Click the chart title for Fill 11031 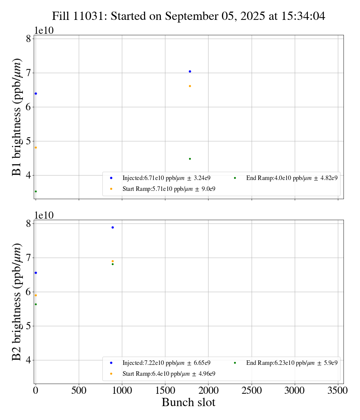tap(188, 16)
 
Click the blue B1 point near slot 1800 tap(190, 71)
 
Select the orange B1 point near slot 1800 tap(190, 86)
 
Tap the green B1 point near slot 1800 tap(190, 159)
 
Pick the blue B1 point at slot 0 tap(36, 93)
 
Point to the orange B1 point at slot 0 tap(36, 147)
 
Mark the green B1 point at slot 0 tap(36, 191)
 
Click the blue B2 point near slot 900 tap(112, 227)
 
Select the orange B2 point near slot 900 tap(112, 261)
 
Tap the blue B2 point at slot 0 tap(36, 273)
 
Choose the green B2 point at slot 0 tap(36, 304)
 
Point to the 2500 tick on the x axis tap(252, 390)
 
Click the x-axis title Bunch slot tap(188, 402)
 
